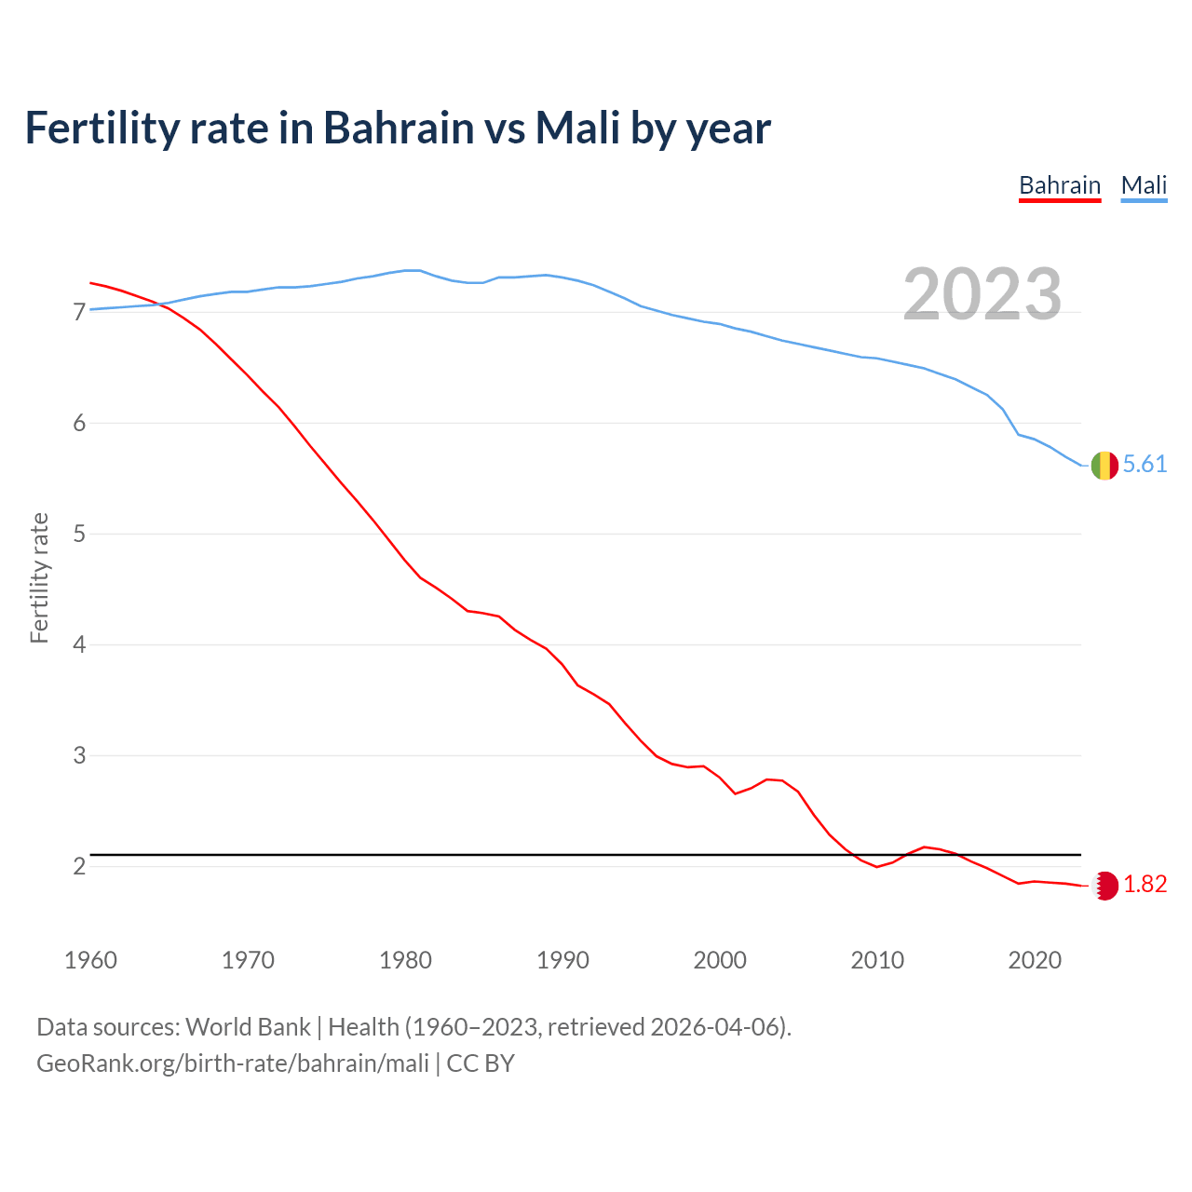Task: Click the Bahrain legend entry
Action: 1060,185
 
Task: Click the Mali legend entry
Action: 1144,185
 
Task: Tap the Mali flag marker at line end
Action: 1104,465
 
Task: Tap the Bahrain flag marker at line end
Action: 1104,886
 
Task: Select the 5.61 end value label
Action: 1145,465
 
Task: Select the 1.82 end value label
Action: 1145,885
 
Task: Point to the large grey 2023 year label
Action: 982,294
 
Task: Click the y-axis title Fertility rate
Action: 39,577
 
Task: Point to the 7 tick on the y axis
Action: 79,312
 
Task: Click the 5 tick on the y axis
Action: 79,535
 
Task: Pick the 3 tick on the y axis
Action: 79,756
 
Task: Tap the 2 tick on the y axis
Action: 79,867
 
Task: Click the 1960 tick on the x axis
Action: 90,960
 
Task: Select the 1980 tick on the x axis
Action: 405,960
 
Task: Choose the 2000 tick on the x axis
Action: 720,960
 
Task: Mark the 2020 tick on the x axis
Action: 1035,960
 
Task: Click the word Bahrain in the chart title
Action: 399,129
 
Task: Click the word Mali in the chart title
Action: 577,129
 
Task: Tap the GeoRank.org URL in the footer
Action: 233,1063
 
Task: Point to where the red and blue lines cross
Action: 161,304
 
